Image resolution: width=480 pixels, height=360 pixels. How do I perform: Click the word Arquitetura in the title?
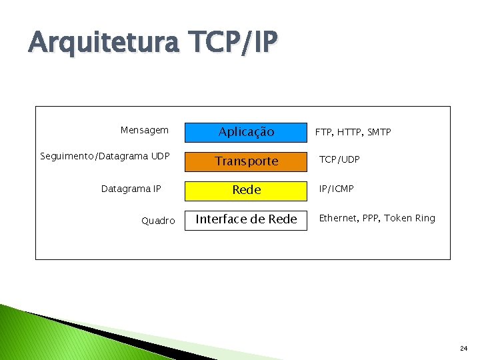(x=104, y=44)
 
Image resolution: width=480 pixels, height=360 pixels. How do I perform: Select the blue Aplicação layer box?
(x=246, y=132)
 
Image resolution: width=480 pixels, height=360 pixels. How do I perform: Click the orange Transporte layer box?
(x=246, y=161)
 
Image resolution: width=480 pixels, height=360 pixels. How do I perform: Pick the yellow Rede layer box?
(x=246, y=189)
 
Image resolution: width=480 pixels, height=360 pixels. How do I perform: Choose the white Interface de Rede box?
(x=246, y=219)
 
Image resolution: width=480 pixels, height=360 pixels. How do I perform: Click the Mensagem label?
(x=145, y=131)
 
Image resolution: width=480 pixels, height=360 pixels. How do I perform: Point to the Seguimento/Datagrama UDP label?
(x=105, y=157)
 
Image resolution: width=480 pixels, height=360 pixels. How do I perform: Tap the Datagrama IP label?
(x=131, y=189)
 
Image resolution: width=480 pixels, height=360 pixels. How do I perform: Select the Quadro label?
(x=158, y=221)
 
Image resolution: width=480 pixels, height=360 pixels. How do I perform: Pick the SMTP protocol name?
(x=379, y=133)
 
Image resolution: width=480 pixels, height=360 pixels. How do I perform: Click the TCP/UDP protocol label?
(x=339, y=160)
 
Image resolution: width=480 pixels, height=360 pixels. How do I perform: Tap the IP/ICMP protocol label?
(x=337, y=189)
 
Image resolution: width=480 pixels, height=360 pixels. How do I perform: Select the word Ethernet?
(x=340, y=218)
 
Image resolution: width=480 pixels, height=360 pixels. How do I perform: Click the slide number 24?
(x=463, y=348)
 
